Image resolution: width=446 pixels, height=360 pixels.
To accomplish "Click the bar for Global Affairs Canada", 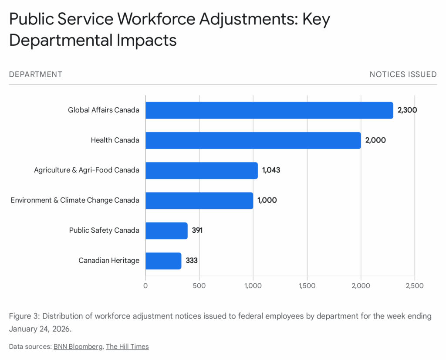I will click(269, 110).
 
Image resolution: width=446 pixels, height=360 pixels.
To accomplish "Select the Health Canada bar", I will click(253, 140).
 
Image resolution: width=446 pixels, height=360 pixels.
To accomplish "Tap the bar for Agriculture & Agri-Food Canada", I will click(202, 170).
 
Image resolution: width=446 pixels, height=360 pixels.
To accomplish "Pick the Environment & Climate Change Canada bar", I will click(199, 200).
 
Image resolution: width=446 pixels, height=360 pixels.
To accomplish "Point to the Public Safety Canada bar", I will click(166, 231).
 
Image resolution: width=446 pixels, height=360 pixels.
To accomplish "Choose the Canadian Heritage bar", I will click(163, 261).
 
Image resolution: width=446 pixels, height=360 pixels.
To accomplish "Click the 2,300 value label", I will click(407, 110).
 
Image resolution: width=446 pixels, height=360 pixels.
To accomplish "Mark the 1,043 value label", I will click(271, 170).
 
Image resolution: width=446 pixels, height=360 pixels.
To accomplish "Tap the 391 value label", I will click(197, 231).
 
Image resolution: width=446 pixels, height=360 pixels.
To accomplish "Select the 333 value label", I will click(192, 261).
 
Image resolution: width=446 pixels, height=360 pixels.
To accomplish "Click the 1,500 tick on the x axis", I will click(307, 286).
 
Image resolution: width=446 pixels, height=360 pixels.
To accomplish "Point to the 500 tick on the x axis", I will click(199, 286).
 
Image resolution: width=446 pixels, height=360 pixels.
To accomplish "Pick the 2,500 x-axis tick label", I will click(414, 286).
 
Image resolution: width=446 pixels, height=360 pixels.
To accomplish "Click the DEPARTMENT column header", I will click(36, 75).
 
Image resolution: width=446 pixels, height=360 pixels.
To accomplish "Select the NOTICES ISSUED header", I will click(403, 75).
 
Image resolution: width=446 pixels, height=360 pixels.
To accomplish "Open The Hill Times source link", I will click(127, 347).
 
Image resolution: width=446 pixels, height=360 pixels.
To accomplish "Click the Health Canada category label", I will click(115, 140).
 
